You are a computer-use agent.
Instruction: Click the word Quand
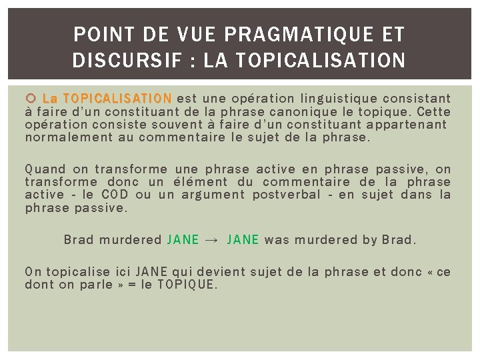43,169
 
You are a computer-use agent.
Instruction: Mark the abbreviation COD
115,195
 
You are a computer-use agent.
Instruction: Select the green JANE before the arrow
183,239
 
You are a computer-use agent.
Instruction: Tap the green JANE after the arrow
243,239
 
